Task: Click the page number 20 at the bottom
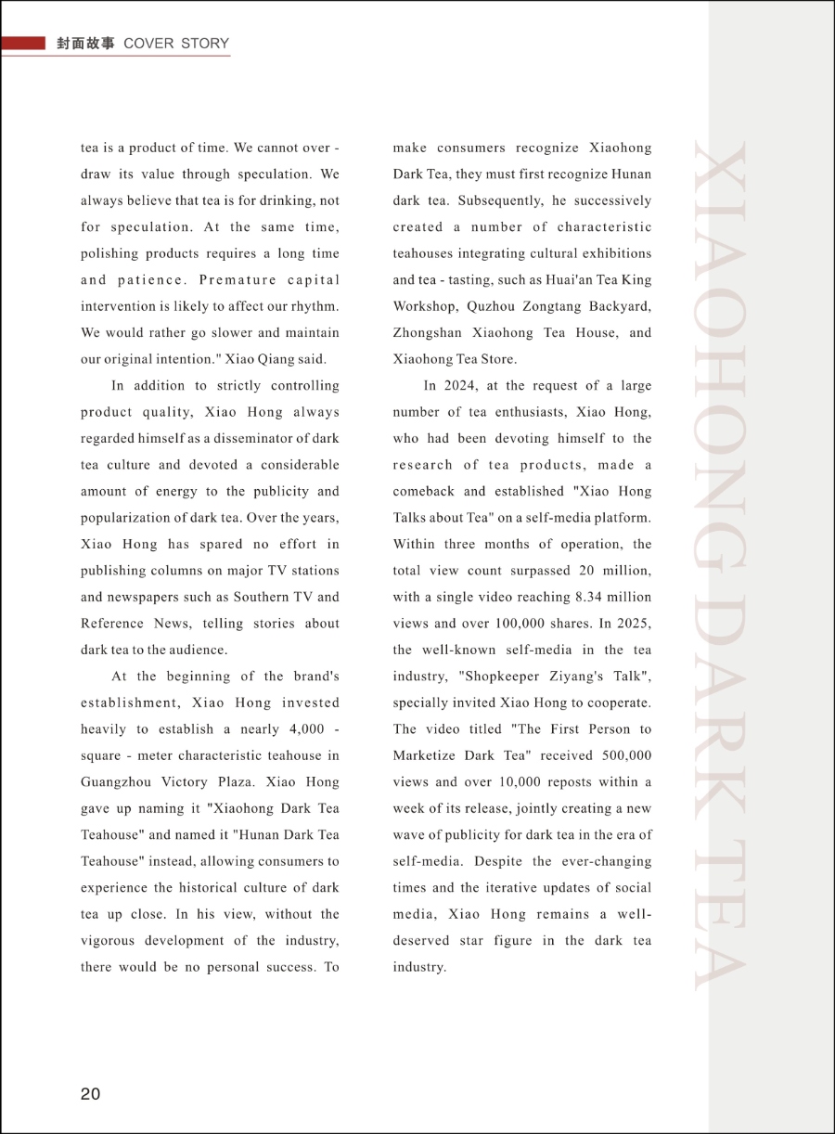pos(90,1094)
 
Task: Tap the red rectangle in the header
pos(23,43)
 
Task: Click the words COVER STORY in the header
pos(176,44)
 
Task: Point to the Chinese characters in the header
pos(85,44)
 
